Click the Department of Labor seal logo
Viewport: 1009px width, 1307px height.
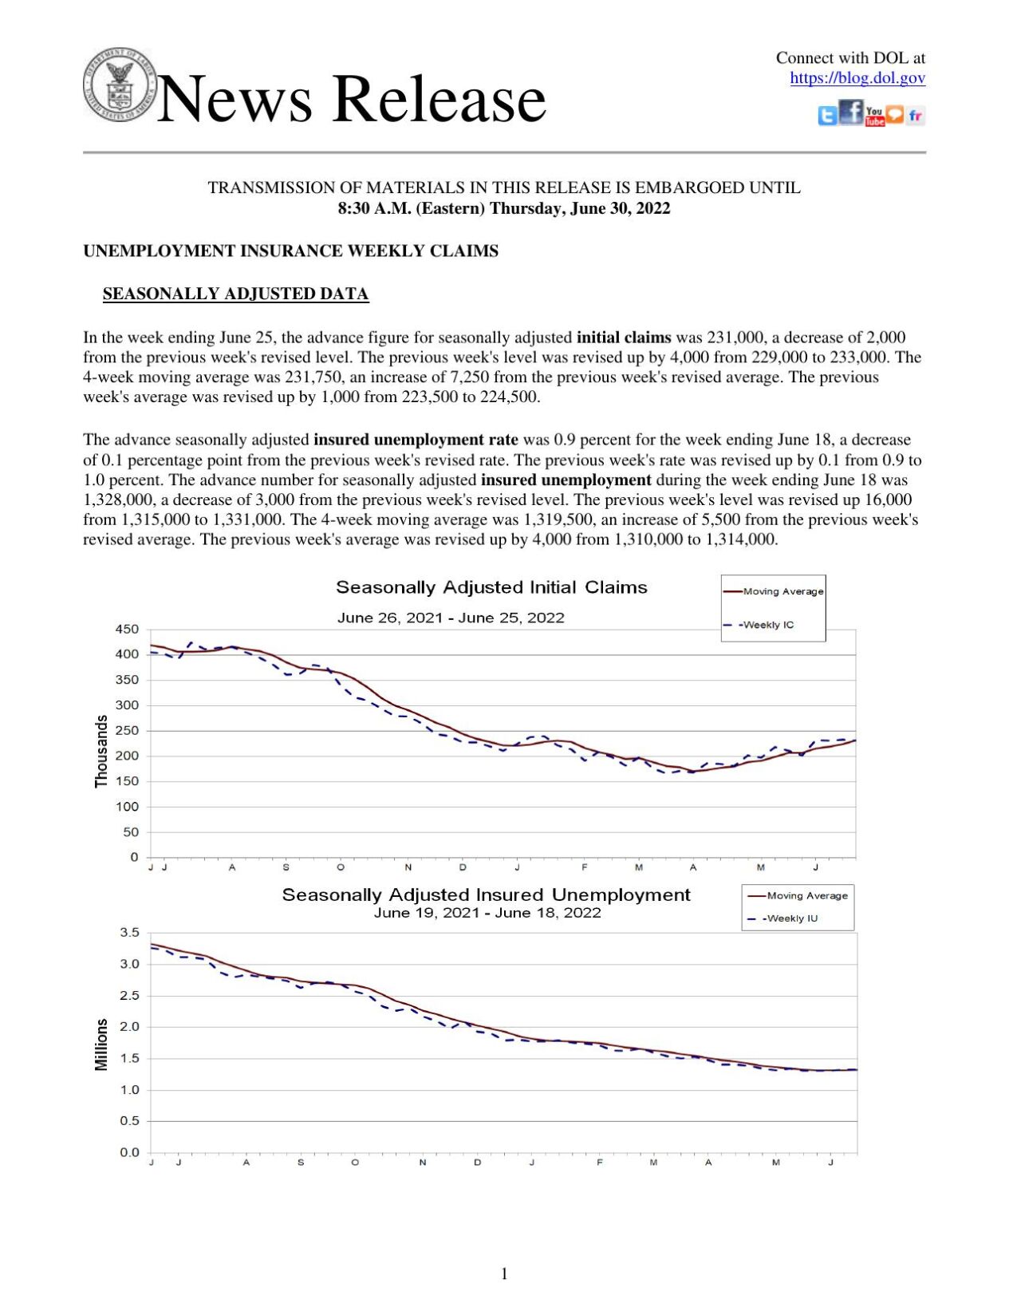click(120, 85)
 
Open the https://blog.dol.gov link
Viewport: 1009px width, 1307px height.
click(857, 77)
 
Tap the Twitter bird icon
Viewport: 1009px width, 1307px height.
click(828, 116)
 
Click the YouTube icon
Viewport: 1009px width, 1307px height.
click(874, 116)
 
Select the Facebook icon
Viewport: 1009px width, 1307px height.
click(851, 113)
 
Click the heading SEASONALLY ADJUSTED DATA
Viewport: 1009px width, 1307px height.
click(235, 294)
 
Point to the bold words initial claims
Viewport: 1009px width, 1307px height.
click(623, 338)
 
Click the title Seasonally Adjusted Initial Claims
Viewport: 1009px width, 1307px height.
click(491, 587)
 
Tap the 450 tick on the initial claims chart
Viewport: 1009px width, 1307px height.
click(127, 629)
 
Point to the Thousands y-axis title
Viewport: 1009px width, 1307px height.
click(101, 751)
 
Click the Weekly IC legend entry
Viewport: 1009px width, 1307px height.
click(767, 625)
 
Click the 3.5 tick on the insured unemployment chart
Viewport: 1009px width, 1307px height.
click(129, 933)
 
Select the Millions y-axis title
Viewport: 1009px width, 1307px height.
click(101, 1044)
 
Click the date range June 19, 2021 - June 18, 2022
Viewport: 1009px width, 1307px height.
click(487, 913)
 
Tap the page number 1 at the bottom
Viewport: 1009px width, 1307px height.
click(504, 1273)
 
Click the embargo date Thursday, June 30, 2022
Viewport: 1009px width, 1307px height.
click(580, 208)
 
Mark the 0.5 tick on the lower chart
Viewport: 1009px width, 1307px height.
click(129, 1121)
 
